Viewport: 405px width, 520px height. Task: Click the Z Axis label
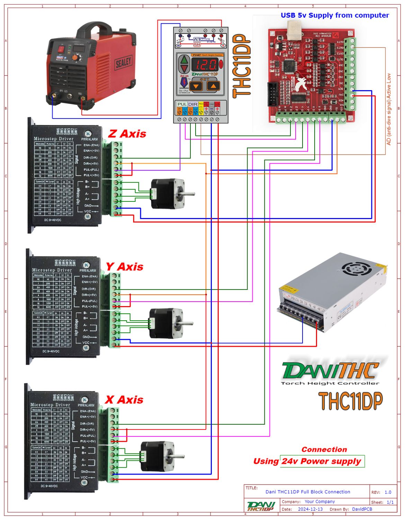(x=127, y=134)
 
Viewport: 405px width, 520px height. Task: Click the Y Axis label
(x=124, y=267)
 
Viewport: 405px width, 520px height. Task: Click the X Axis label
(x=124, y=400)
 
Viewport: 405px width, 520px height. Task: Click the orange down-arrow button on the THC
(x=196, y=86)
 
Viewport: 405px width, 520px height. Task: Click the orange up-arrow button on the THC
(x=213, y=86)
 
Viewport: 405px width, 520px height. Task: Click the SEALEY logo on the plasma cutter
(x=123, y=63)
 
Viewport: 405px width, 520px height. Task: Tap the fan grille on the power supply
(x=357, y=269)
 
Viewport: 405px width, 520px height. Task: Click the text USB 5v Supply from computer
(x=334, y=15)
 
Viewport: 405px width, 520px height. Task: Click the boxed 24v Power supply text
(x=322, y=461)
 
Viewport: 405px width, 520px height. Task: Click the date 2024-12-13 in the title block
(x=310, y=509)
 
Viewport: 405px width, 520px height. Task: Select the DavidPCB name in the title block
(x=362, y=509)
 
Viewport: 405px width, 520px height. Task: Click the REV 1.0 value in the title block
(x=388, y=492)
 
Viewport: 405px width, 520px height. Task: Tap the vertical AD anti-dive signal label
(x=388, y=109)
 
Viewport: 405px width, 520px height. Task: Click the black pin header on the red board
(x=273, y=94)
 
